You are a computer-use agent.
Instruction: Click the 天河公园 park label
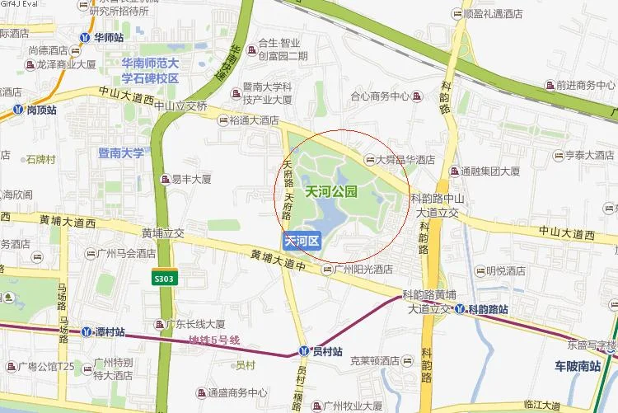point(330,192)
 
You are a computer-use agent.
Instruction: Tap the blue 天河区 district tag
point(302,242)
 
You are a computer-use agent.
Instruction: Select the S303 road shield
point(163,279)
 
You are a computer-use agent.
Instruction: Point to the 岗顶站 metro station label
point(41,109)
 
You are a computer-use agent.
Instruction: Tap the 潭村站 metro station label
point(109,331)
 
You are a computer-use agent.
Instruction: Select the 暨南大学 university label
point(120,153)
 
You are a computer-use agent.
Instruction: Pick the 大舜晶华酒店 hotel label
point(405,161)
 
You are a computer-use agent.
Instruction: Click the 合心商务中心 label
point(380,96)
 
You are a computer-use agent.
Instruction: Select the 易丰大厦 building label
point(191,178)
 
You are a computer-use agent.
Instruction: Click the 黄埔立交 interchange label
point(162,232)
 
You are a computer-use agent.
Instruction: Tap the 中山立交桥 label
point(180,105)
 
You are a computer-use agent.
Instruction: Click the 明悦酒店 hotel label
point(505,270)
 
